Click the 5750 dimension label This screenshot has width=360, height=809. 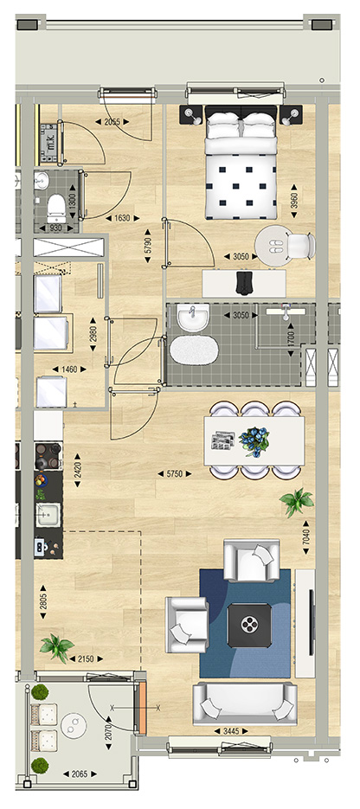pyautogui.click(x=174, y=473)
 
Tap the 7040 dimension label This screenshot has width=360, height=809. pyautogui.click(x=307, y=537)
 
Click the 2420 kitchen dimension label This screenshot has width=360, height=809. pyautogui.click(x=78, y=471)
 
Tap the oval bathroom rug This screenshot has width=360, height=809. pyautogui.click(x=194, y=350)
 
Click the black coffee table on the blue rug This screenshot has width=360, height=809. pyautogui.click(x=249, y=626)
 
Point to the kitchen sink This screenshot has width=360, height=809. pyautogui.click(x=48, y=515)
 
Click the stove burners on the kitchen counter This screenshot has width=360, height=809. pyautogui.click(x=48, y=456)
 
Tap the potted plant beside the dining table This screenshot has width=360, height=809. pyautogui.click(x=297, y=501)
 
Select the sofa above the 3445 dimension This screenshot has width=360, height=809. pyautogui.click(x=245, y=703)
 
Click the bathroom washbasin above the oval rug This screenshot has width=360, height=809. pyautogui.click(x=193, y=318)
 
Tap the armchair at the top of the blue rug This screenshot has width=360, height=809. pyautogui.click(x=252, y=561)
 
